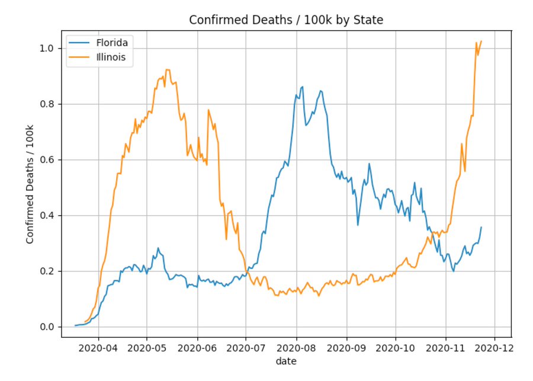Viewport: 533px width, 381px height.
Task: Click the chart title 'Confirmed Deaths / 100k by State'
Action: [286, 20]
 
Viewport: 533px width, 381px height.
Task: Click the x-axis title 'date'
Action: [286, 361]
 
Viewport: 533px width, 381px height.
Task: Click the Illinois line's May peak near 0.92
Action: [167, 70]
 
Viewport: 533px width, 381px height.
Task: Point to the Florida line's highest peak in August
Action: [302, 87]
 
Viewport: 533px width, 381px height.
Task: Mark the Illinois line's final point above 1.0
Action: [481, 41]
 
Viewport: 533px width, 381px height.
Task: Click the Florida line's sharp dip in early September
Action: [358, 225]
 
